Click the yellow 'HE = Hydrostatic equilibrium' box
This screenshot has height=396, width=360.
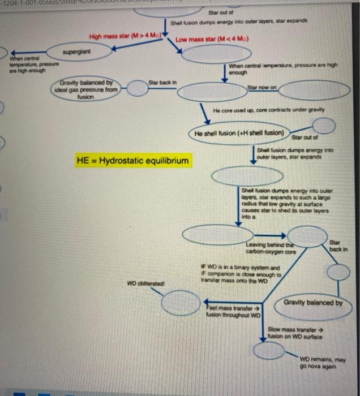coord(133,161)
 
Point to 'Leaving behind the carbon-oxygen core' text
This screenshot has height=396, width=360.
coord(261,248)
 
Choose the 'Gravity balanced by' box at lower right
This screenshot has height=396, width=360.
coord(313,303)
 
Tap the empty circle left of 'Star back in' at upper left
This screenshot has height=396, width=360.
coord(137,89)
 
